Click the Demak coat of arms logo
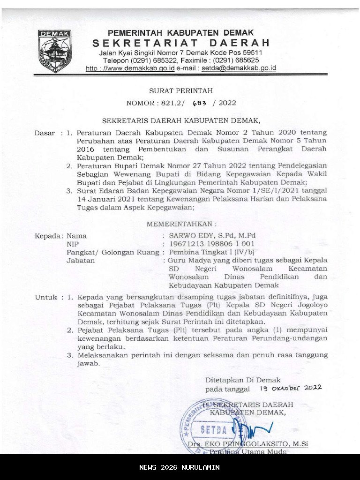point(55,51)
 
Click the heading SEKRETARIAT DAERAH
point(181,43)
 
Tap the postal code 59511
point(250,53)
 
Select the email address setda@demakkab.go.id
point(239,68)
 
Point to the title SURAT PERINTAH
point(181,90)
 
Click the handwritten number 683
point(200,103)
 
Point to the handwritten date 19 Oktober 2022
point(290,388)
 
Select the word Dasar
point(45,133)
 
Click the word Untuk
point(45,297)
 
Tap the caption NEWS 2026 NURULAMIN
point(180,467)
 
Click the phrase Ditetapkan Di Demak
point(243,380)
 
